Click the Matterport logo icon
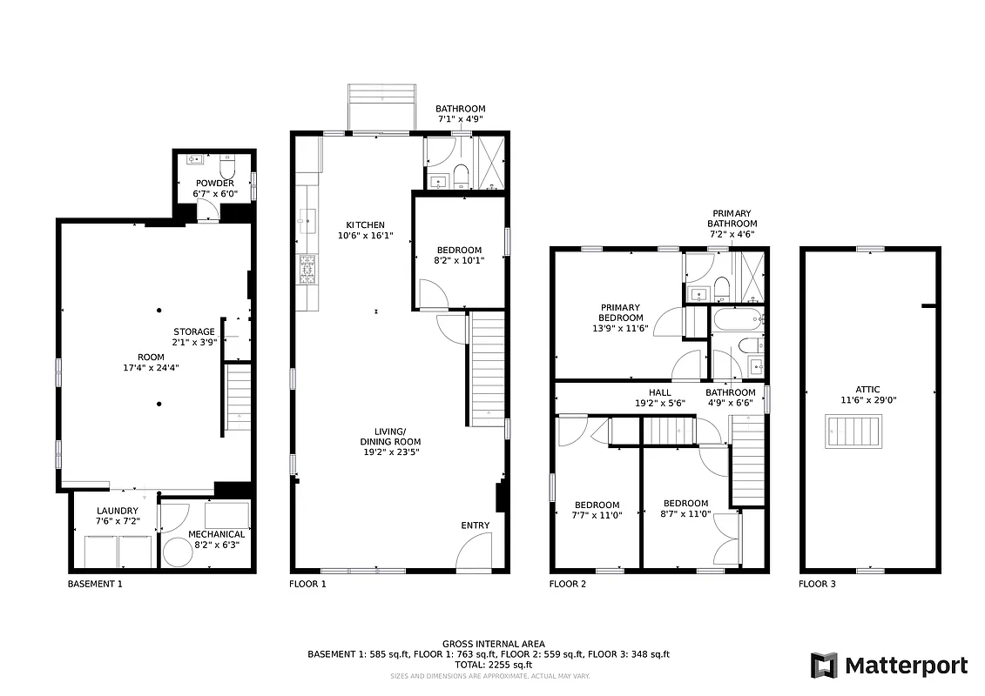pos(824,666)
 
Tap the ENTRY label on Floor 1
pos(476,525)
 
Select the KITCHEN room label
pos(365,224)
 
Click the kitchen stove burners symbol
pos(307,269)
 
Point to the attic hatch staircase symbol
pos(854,432)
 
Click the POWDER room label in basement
pos(214,183)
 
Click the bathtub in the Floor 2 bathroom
pos(737,320)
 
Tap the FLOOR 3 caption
pos(817,584)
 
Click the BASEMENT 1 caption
pos(95,584)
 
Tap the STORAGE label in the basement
pos(194,331)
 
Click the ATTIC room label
pos(867,390)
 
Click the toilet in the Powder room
pos(228,165)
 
